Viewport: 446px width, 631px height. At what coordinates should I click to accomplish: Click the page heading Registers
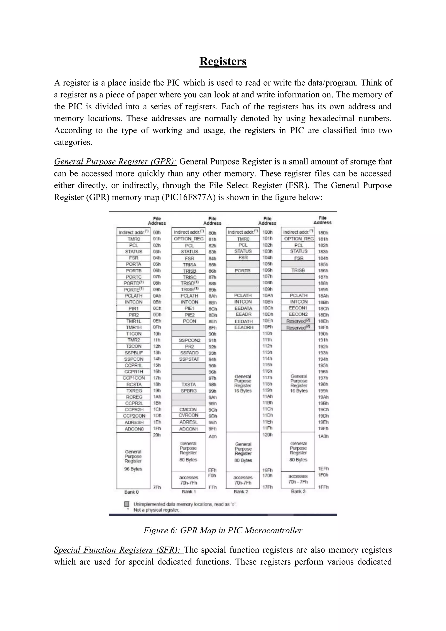tap(223, 61)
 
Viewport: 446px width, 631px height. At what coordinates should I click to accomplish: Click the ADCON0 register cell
tap(133, 429)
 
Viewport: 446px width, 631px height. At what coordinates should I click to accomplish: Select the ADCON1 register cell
tap(188, 429)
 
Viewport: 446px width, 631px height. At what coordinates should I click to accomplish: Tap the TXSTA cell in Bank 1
tap(188, 384)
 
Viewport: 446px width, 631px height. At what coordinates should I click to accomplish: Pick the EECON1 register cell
tap(298, 308)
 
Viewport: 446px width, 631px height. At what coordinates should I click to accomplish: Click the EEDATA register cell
tap(243, 308)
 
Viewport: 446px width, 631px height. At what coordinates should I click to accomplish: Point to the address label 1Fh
tap(157, 428)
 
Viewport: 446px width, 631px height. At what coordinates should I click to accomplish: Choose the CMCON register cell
tap(188, 409)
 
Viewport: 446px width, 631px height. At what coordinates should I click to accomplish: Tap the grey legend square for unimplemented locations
tap(127, 504)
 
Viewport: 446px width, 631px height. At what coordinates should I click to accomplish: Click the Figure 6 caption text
tap(223, 530)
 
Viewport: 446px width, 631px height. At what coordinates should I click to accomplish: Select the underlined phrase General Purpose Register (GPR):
tap(115, 162)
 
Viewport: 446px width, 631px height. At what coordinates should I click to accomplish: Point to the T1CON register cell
tap(134, 334)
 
